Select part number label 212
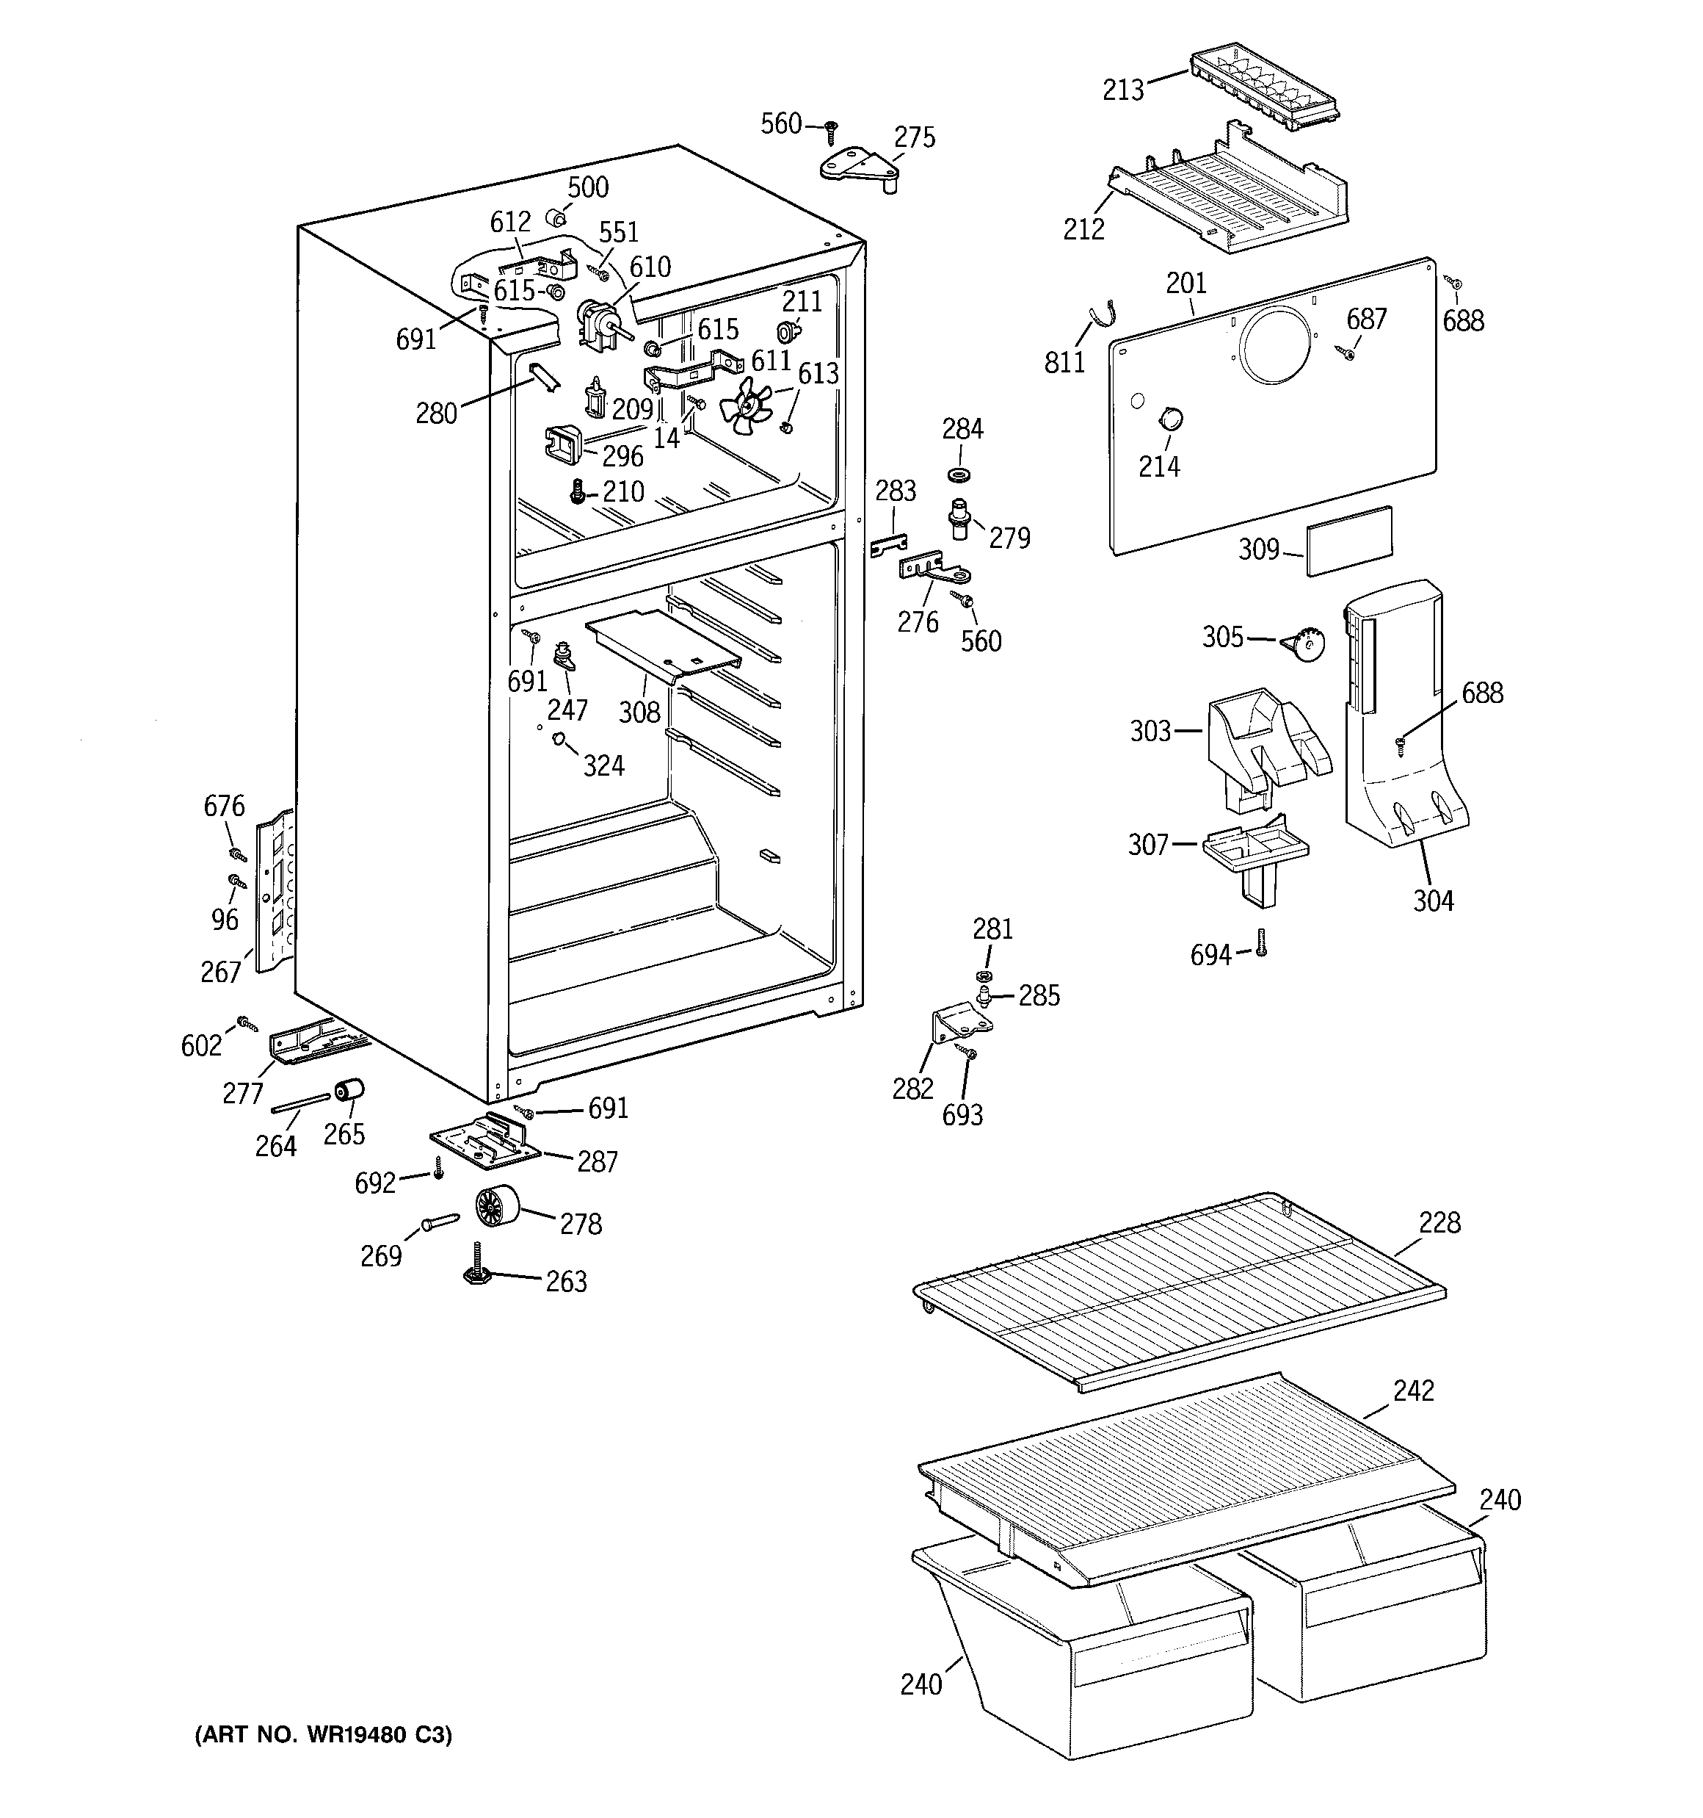1084,228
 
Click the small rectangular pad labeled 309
1349,541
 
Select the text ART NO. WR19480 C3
323,1735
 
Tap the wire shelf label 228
1439,1223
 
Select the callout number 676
224,806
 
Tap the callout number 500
588,187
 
